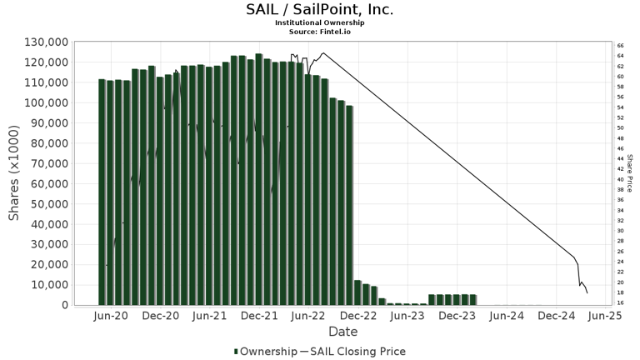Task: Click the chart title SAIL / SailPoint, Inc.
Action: click(x=320, y=10)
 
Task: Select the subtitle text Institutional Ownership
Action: click(x=320, y=22)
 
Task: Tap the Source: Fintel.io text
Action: click(x=320, y=31)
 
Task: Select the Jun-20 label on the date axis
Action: click(x=111, y=317)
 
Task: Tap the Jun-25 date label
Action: click(x=605, y=317)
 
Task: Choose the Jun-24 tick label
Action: click(x=506, y=317)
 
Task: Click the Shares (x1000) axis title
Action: click(x=14, y=173)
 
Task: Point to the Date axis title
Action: click(x=342, y=332)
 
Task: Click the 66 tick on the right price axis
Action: click(x=620, y=46)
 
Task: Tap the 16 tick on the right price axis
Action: click(x=620, y=303)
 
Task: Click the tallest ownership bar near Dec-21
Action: click(x=259, y=179)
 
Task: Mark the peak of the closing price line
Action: click(x=322, y=53)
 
